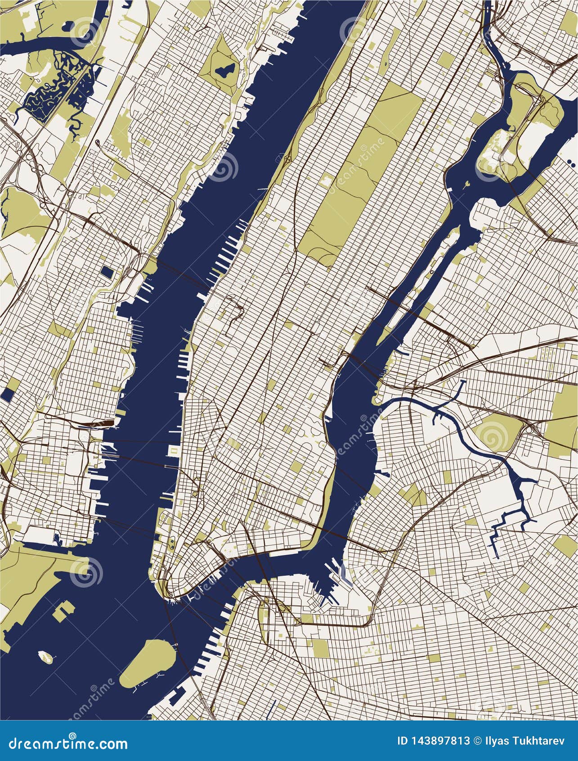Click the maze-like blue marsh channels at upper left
pos(49,90)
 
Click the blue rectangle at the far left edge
pos(8,394)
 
